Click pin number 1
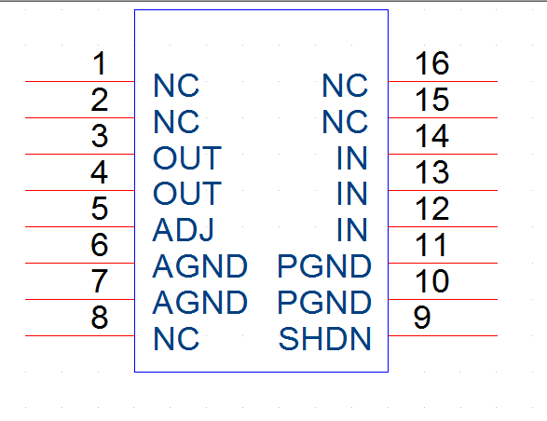pos(100,63)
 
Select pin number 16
pos(431,63)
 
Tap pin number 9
pos(422,317)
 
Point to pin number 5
pos(100,209)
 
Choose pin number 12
pos(431,209)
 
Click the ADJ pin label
pos(184,230)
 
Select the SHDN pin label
pos(324,339)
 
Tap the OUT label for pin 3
pos(187,158)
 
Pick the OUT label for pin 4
pos(187,193)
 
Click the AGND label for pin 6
pos(200,266)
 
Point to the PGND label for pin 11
pos(324,266)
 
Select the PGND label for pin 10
pos(324,302)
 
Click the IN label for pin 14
pos(352,158)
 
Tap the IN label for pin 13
pos(352,193)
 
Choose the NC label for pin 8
pos(176,339)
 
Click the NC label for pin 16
pos(345,86)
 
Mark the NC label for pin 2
pos(176,122)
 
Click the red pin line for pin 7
pos(80,299)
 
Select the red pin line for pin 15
pos(443,118)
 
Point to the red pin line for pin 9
pos(443,335)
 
